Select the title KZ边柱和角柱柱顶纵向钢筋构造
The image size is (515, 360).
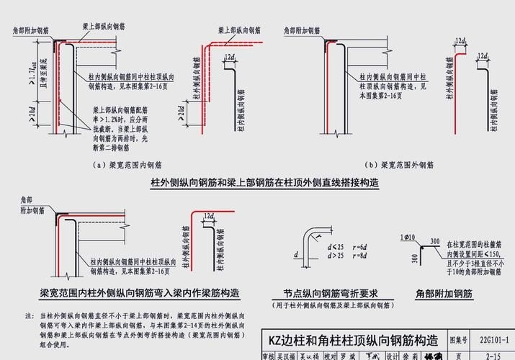pyautogui.click(x=353, y=338)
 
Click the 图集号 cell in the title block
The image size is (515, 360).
pyautogui.click(x=459, y=338)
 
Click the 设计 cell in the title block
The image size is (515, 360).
pyautogui.click(x=392, y=355)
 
